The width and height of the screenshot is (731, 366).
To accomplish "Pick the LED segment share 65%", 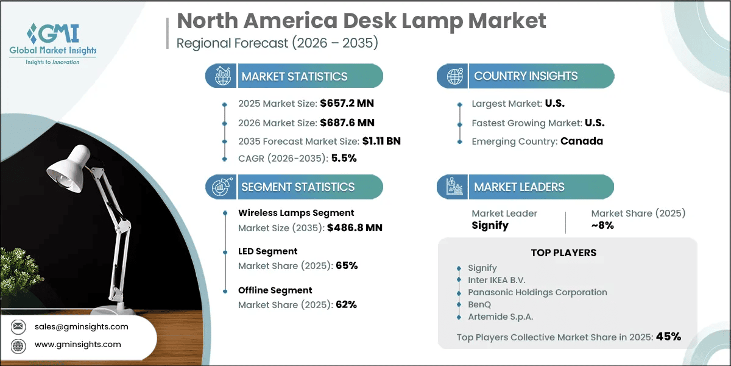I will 347,266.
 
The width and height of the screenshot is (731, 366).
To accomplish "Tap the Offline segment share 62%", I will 347,304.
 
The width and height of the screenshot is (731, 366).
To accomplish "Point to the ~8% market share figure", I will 602,225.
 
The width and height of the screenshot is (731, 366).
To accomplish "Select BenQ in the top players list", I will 479,304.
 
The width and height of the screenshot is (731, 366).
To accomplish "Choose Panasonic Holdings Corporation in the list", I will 537,292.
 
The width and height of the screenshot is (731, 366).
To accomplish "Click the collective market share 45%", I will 668,336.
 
